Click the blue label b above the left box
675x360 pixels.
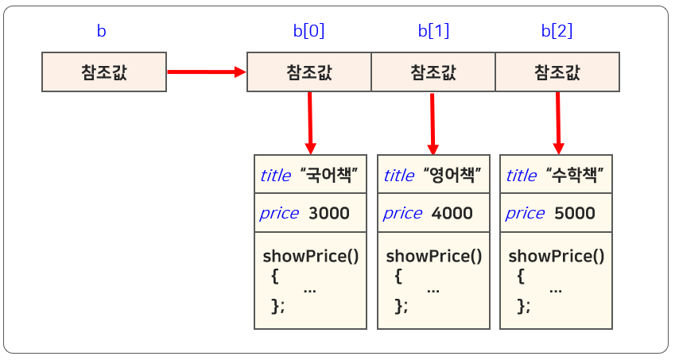[101, 32]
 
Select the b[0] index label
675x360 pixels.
[308, 32]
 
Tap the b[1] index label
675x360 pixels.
[433, 32]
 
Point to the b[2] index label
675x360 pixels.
[557, 32]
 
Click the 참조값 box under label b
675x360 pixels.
[104, 72]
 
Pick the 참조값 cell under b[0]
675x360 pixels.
[308, 72]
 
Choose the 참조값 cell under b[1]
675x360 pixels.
[433, 72]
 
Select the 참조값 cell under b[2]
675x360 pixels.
[557, 72]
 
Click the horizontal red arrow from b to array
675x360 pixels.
[206, 72]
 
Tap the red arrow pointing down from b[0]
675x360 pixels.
[310, 122]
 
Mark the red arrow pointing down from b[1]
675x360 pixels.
[433, 122]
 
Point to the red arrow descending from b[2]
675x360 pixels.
[558, 122]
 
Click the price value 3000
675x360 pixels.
[328, 213]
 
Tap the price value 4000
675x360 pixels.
[452, 213]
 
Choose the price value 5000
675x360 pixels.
[574, 213]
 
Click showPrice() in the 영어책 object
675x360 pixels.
[434, 256]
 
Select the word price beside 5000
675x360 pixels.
[525, 213]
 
